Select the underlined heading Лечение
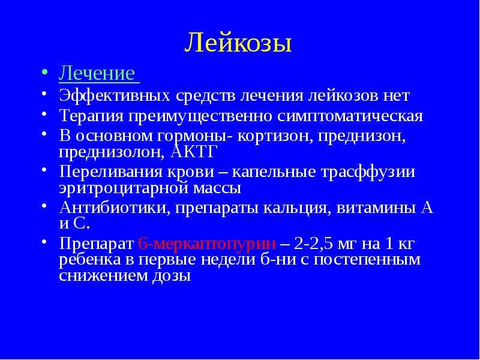coord(97,73)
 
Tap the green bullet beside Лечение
coord(44,73)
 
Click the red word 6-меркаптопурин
coord(206,244)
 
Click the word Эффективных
coord(115,96)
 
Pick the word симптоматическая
coord(350,116)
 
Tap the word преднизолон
coord(112,152)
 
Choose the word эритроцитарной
coord(124,188)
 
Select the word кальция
coord(297,208)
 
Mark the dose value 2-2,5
coord(314,245)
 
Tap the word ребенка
coord(95,260)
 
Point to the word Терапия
coord(91,116)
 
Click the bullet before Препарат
coord(44,242)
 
